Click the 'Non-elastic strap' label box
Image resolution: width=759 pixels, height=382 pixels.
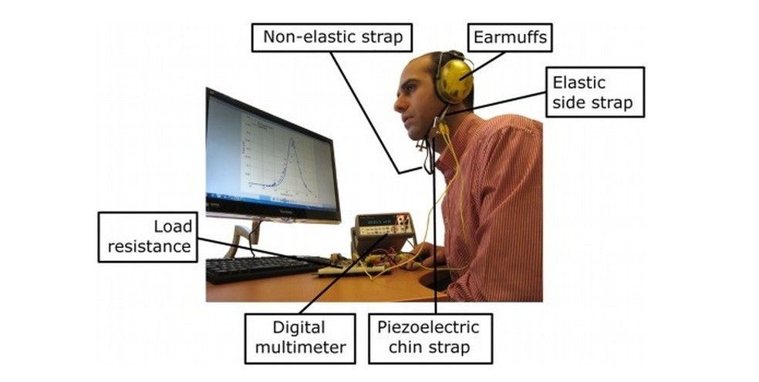point(332,37)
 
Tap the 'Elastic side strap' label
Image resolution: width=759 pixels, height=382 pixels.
point(594,92)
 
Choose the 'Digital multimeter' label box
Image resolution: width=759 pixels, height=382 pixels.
point(299,337)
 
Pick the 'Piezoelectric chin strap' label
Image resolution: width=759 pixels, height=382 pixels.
point(429,337)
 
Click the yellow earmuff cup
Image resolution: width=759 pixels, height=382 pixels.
point(454,79)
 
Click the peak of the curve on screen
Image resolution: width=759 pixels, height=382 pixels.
point(292,141)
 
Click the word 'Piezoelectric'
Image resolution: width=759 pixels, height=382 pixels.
point(428,327)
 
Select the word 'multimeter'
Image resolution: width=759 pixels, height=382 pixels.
point(299,347)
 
